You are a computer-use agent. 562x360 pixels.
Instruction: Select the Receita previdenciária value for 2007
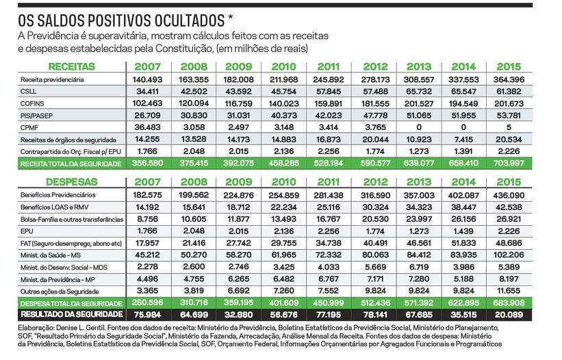click(x=151, y=80)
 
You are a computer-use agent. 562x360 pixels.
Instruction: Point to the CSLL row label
click(x=28, y=92)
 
